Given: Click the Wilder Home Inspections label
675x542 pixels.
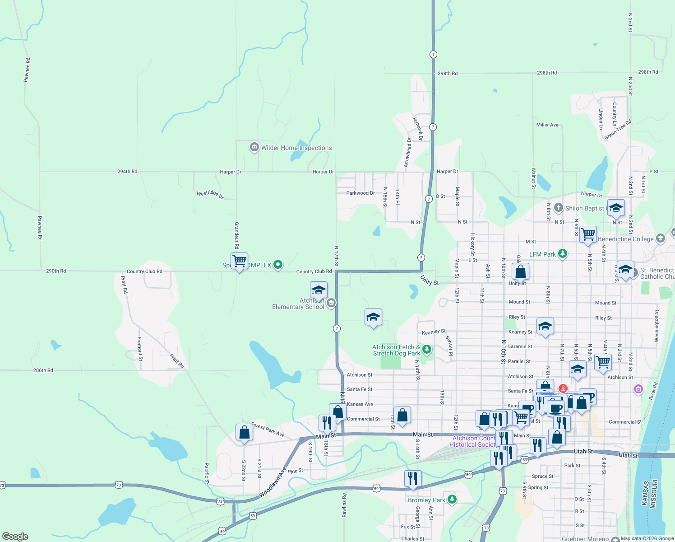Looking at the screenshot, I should click(296, 148).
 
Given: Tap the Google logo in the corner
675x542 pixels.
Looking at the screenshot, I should click(15, 537).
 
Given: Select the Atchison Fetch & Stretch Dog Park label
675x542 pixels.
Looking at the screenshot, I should click(396, 350).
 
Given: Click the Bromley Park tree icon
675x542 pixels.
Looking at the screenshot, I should click(452, 500).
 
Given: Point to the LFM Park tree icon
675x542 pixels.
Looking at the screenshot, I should click(562, 254).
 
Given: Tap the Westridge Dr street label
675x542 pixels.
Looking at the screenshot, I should click(210, 194).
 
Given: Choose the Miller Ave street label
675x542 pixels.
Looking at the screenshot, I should click(547, 125).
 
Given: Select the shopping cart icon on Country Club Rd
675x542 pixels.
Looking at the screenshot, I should click(239, 261).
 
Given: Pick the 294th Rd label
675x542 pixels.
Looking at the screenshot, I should click(127, 172).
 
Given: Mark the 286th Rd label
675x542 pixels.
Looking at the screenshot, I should click(43, 370).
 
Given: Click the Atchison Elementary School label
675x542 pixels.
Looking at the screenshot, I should click(298, 304).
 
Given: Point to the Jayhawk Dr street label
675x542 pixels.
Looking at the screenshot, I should click(417, 128).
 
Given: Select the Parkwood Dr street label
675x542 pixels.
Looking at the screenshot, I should click(361, 193).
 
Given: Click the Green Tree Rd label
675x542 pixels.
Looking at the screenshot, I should click(618, 130).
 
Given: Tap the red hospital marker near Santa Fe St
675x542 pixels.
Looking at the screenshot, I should click(563, 388).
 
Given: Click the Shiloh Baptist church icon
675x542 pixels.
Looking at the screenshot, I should click(558, 208).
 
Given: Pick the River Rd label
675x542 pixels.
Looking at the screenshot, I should click(653, 391).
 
